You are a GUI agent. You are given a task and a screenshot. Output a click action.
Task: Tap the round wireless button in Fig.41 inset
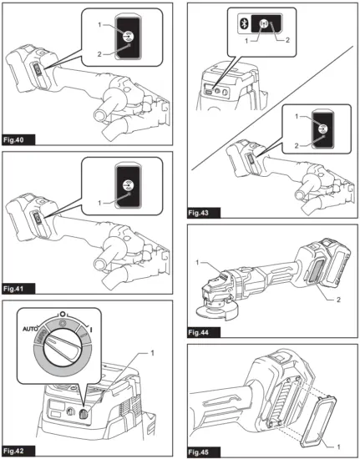pyautogui.click(x=129, y=185)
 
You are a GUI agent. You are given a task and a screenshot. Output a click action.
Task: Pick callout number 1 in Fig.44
pyautogui.click(x=199, y=263)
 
